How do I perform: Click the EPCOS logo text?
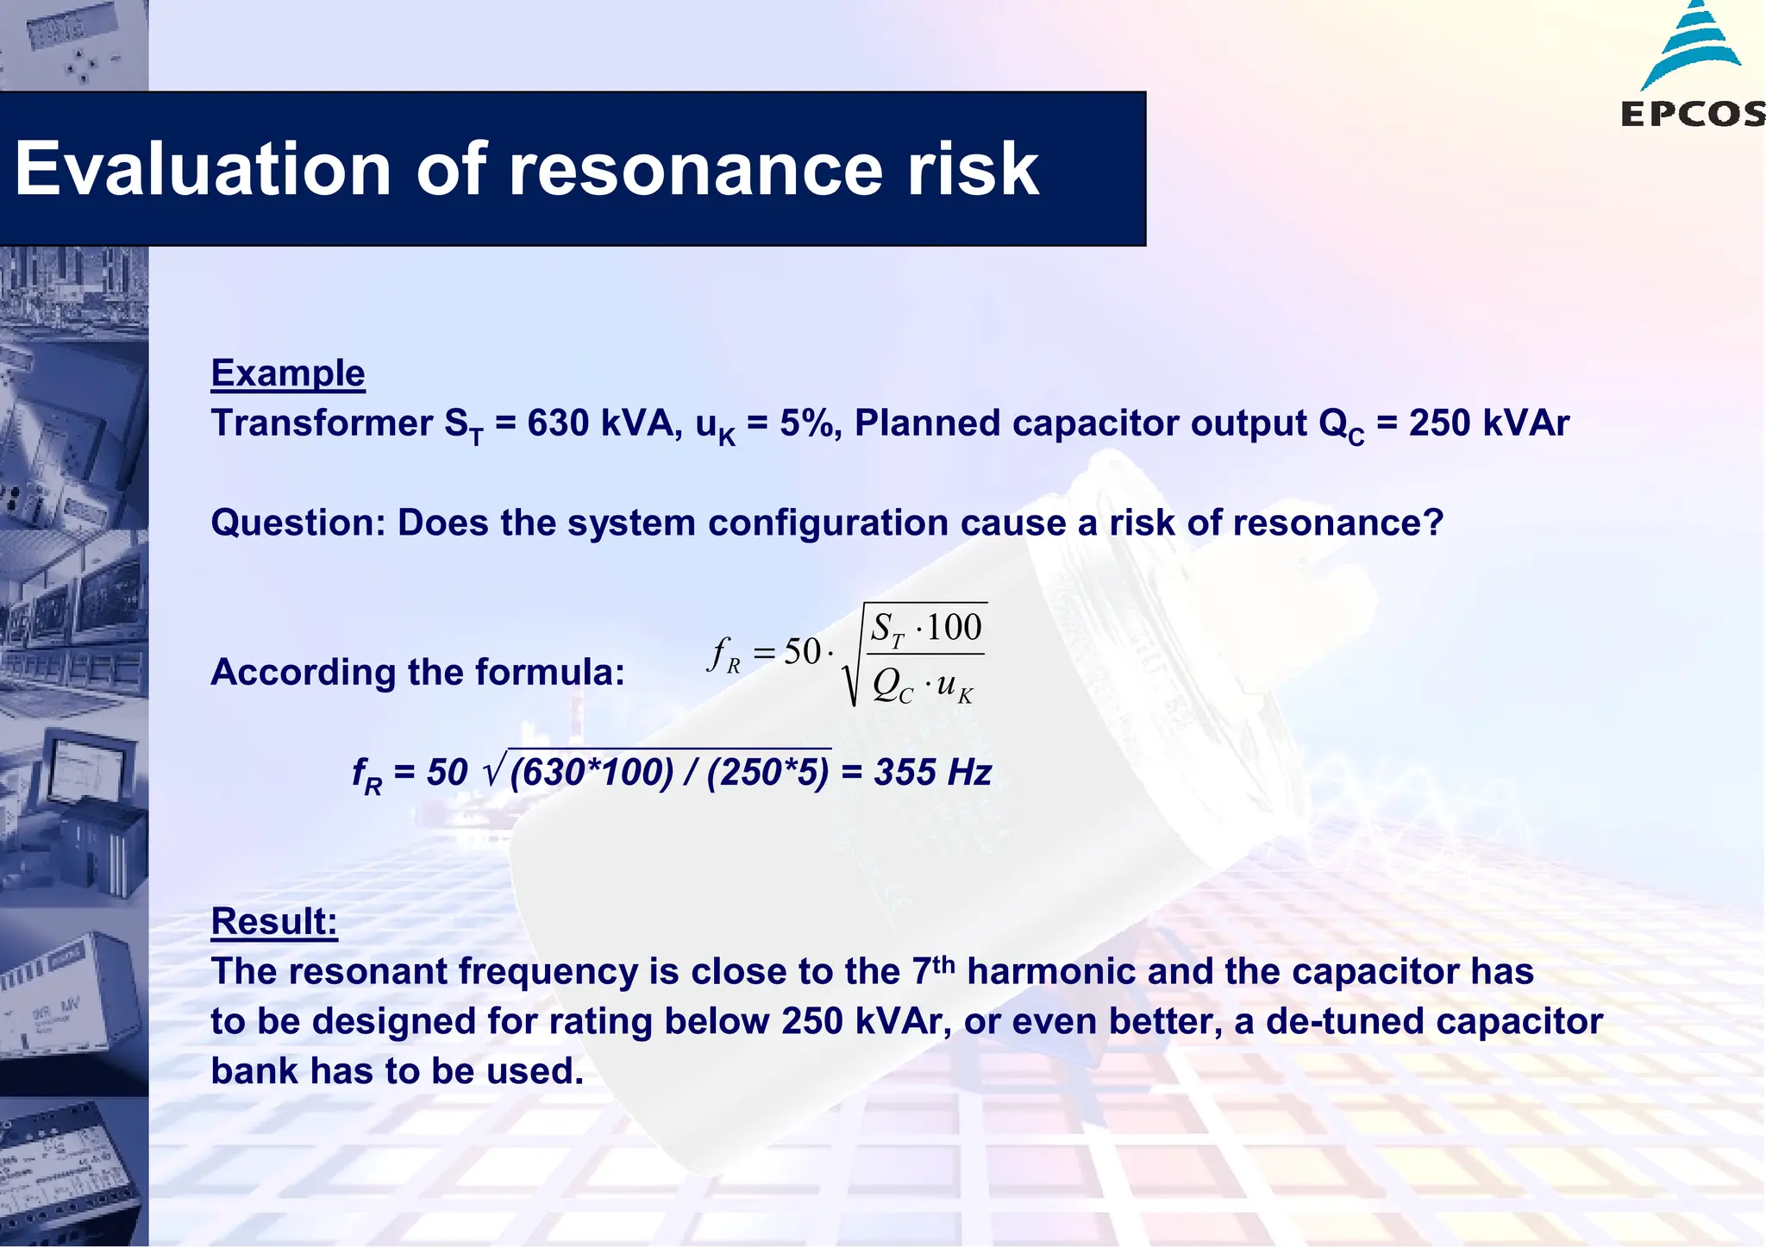pos(1692,114)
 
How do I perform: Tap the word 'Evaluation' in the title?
pos(204,169)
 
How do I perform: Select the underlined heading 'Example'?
pos(288,373)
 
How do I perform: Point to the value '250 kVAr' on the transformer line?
pos(1489,423)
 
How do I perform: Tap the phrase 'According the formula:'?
pos(418,672)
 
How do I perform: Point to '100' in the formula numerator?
pos(955,627)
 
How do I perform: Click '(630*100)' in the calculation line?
pos(592,773)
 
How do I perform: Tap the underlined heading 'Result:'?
pos(274,921)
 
